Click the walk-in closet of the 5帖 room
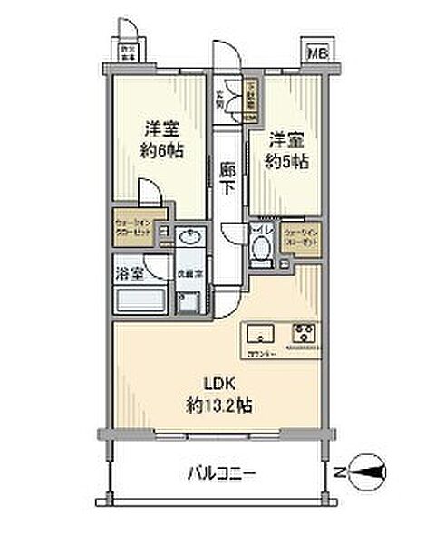(300, 237)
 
